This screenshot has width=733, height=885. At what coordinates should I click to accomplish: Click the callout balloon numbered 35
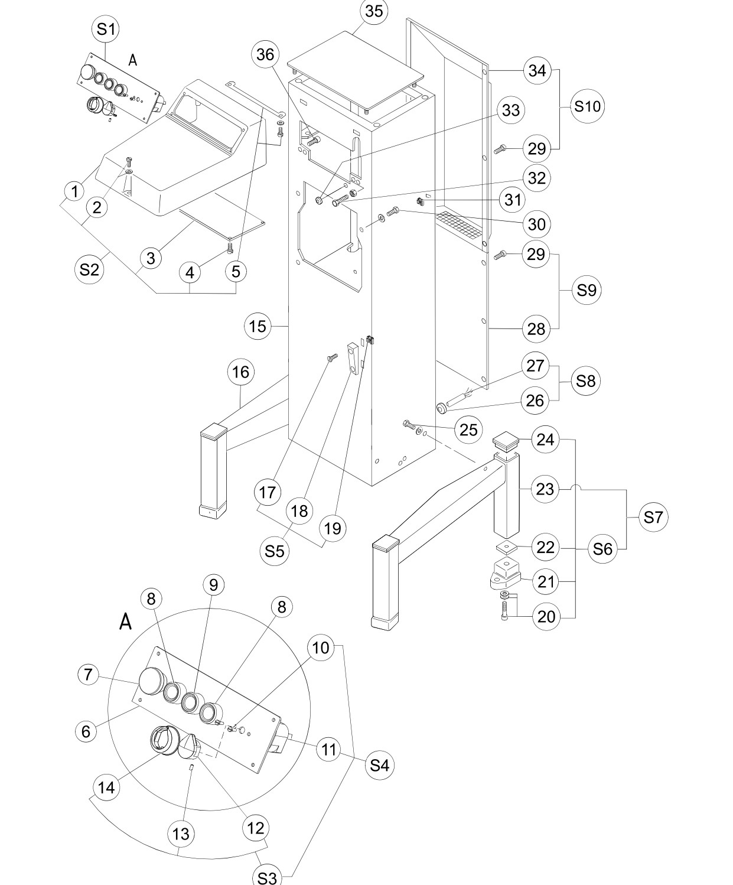coord(374,11)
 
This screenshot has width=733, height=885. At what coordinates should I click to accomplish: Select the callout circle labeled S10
coord(587,106)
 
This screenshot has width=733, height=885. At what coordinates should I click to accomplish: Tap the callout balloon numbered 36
coord(266,55)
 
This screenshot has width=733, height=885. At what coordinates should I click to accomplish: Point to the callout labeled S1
coord(106,30)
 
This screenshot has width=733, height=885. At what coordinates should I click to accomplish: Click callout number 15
coord(258,326)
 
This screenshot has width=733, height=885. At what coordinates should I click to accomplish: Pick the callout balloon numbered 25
coord(468,430)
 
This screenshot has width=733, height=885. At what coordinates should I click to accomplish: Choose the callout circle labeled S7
coord(653,517)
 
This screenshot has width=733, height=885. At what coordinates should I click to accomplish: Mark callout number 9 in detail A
coord(214,585)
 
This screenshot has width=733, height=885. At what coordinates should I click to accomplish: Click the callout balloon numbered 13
coord(181,834)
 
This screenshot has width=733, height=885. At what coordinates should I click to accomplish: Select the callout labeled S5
coord(275,551)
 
